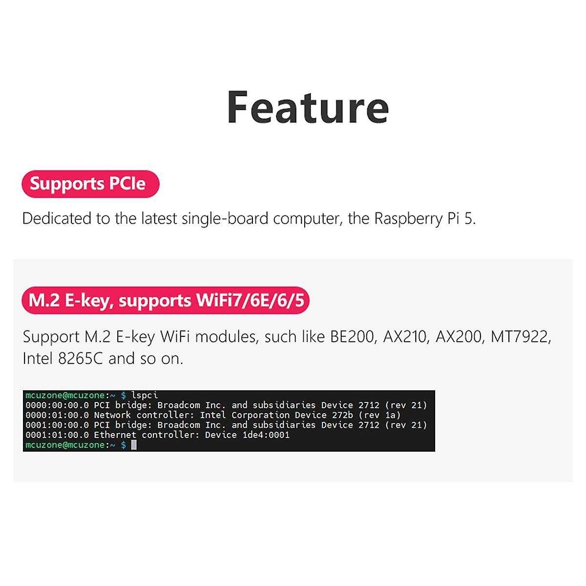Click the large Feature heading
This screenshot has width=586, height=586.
click(308, 107)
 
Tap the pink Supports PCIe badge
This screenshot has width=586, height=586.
click(90, 184)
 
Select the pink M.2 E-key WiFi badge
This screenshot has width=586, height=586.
click(166, 300)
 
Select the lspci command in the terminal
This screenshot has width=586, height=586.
click(145, 395)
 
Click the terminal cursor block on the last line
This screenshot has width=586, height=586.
click(134, 445)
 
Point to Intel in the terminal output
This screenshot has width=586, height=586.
click(213, 415)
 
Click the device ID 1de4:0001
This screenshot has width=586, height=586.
click(266, 435)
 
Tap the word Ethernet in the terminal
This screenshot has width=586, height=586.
click(115, 435)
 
